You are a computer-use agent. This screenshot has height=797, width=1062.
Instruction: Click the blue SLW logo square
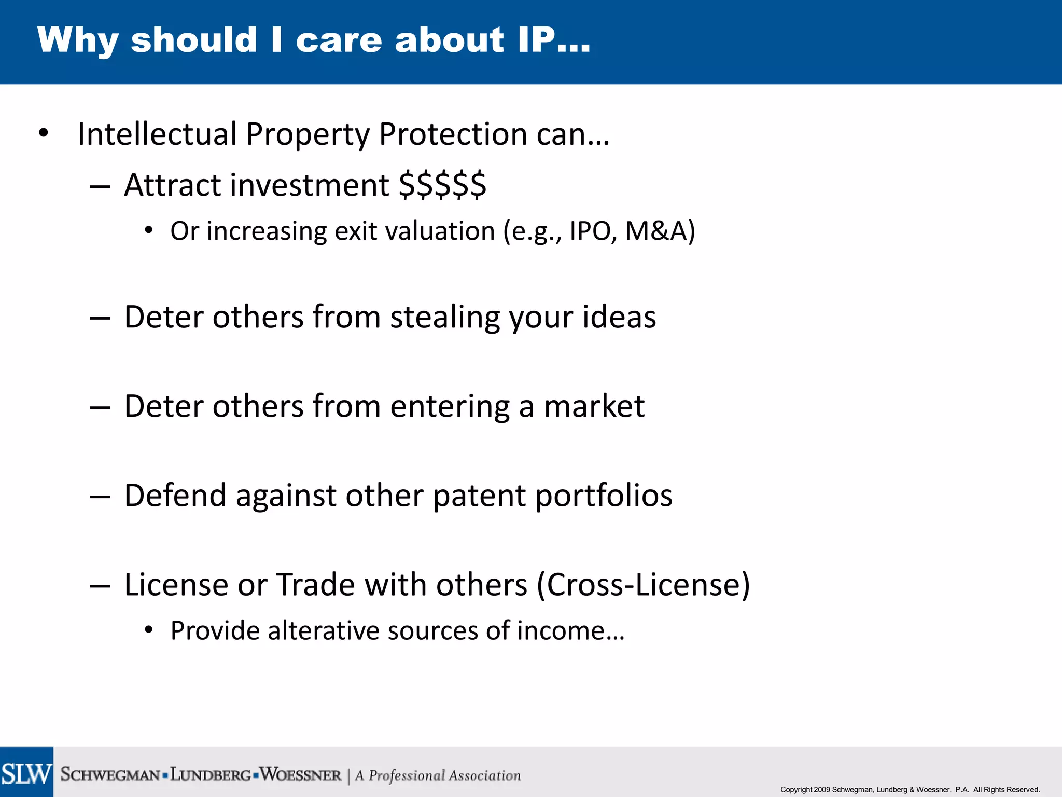26,772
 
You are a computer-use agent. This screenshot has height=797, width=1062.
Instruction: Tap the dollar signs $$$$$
442,185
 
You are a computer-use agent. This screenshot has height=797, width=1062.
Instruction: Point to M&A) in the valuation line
660,231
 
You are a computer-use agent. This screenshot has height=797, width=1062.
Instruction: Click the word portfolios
604,496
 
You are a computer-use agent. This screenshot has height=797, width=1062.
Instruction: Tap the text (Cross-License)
643,585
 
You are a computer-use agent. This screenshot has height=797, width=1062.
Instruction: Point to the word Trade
315,585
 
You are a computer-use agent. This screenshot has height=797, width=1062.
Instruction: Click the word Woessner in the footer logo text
301,775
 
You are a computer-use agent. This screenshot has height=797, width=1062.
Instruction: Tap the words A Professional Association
438,776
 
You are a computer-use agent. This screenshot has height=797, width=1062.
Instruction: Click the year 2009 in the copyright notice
822,790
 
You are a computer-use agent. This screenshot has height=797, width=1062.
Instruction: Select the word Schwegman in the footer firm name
110,775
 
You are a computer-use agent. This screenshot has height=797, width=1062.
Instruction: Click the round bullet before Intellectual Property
44,133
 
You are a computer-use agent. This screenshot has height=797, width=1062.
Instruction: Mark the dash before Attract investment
100,186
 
